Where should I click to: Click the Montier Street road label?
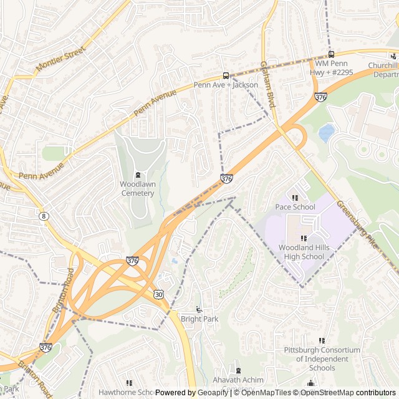[x=60, y=58]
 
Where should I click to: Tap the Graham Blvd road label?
[x=267, y=85]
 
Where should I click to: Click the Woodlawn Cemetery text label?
[x=137, y=188]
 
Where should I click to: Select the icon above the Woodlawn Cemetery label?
[x=138, y=175]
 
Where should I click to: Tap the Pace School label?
[x=295, y=207]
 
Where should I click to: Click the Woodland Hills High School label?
[x=304, y=252]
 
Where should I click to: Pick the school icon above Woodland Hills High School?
[x=304, y=238]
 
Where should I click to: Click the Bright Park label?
[x=199, y=319]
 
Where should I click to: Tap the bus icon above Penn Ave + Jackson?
[x=226, y=75]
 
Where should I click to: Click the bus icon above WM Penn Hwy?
[x=331, y=54]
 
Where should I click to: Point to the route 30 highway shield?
[x=158, y=294]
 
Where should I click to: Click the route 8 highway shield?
[x=43, y=216]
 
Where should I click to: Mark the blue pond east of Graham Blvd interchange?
[x=326, y=133]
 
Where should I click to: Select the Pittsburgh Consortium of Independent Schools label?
[x=322, y=358]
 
